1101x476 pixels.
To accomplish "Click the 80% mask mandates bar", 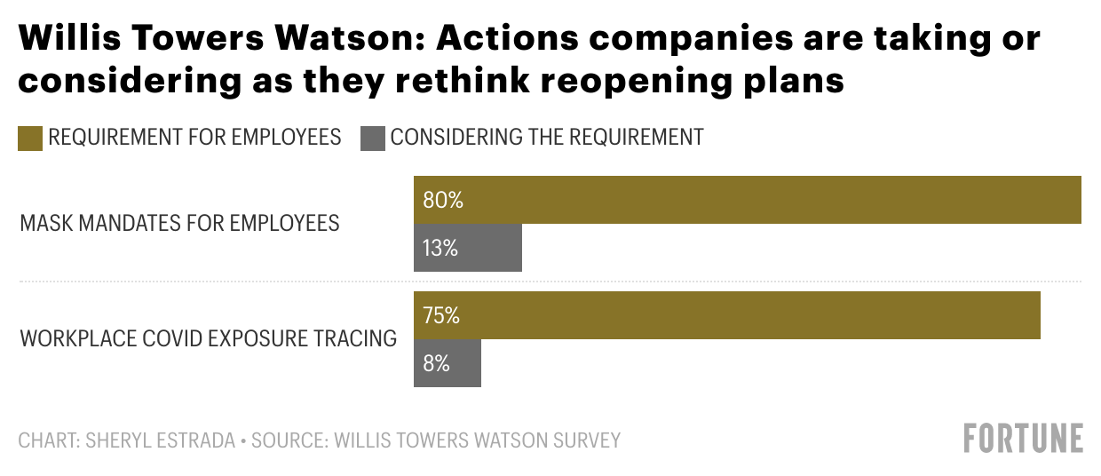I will click(x=747, y=200).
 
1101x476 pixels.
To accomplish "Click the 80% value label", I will click(x=443, y=201).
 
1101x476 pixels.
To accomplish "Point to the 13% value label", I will click(x=440, y=249).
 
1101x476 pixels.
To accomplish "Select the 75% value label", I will click(x=441, y=316).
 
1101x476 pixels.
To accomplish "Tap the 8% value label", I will click(x=436, y=364).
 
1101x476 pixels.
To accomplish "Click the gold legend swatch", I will click(x=30, y=138).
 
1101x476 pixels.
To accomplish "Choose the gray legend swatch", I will click(x=373, y=138).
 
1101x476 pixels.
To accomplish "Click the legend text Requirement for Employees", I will click(x=195, y=137).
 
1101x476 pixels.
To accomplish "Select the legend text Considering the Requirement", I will click(x=547, y=137).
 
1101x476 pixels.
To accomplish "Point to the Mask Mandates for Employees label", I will click(x=179, y=223).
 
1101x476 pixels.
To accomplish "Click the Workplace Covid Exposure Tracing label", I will click(x=208, y=338).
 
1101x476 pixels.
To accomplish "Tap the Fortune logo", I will click(x=1024, y=439).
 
